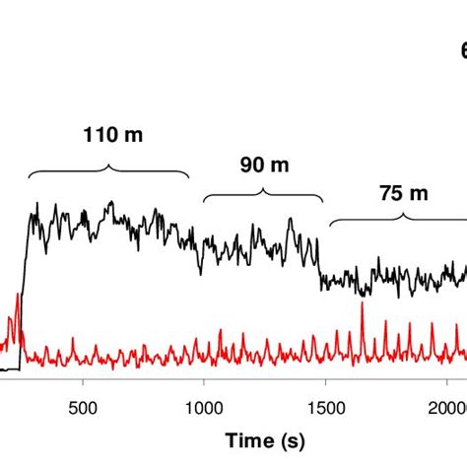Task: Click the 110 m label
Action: pos(109,136)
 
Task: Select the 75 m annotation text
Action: pos(405,193)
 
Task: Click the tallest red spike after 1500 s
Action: pos(363,305)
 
